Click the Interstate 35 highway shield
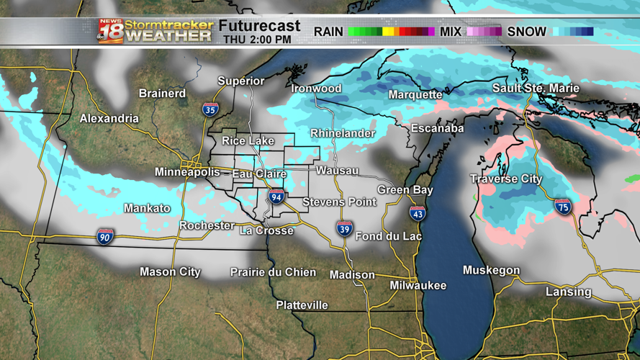(x=210, y=109)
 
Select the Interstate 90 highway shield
(x=105, y=236)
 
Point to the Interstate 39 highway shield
(x=345, y=230)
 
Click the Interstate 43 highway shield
(x=418, y=213)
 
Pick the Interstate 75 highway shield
(x=563, y=207)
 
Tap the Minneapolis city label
(x=187, y=172)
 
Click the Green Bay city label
(x=405, y=190)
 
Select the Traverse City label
(x=506, y=179)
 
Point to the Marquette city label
(x=415, y=94)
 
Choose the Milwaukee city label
(x=418, y=285)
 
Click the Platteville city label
(x=302, y=305)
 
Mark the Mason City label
(x=170, y=272)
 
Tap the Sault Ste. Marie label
(x=536, y=88)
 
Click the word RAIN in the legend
(x=328, y=32)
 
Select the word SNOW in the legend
(x=527, y=32)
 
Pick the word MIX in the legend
(x=451, y=32)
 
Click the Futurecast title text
(x=259, y=26)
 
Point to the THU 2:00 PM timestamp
(x=257, y=40)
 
